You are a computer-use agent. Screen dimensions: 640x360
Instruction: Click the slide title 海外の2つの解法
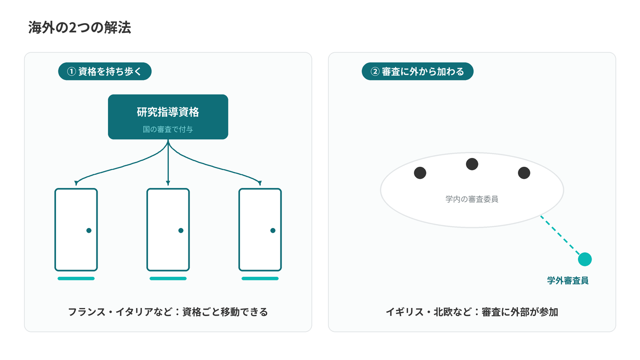(80, 28)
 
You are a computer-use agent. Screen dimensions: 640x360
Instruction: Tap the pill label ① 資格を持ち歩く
(104, 71)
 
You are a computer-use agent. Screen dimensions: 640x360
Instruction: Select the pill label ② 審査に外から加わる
(418, 71)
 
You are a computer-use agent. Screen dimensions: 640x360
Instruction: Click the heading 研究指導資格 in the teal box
(168, 112)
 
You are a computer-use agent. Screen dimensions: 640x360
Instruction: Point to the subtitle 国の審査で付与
(168, 129)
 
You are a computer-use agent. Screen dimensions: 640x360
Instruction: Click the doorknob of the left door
(89, 230)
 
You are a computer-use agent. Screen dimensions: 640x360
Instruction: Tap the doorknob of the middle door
(181, 230)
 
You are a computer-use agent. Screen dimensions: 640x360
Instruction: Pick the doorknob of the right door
(273, 230)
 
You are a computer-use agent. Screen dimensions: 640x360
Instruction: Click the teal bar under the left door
(76, 278)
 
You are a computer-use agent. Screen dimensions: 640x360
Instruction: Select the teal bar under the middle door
(168, 278)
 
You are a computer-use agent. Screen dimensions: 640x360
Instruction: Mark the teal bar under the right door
(260, 278)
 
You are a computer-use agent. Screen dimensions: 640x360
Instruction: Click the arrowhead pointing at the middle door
(168, 183)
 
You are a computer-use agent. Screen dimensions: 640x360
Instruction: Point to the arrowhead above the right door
(260, 183)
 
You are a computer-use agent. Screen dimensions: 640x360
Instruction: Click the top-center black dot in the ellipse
(472, 164)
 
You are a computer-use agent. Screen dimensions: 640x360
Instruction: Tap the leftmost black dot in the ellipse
(420, 173)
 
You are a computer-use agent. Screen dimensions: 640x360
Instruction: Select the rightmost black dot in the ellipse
(524, 173)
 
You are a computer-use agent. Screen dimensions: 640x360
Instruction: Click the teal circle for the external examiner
(585, 259)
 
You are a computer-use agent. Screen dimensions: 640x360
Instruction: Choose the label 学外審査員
(568, 280)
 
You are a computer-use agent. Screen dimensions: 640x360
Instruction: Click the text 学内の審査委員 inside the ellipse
(472, 199)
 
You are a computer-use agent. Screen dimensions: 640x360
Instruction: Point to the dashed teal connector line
(560, 235)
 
